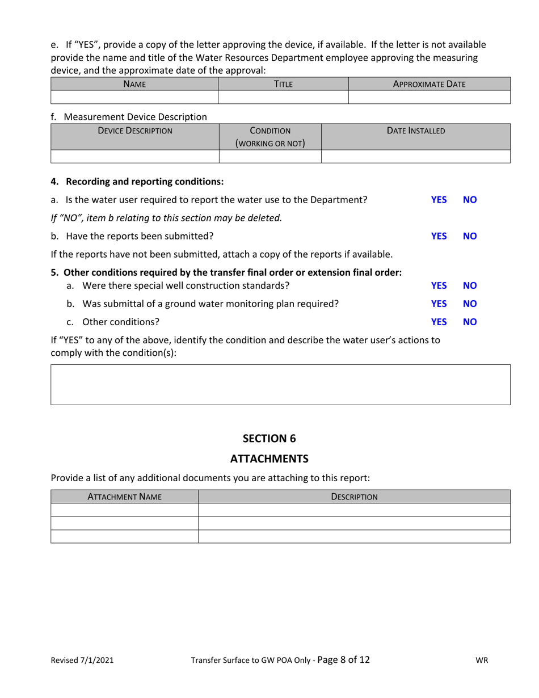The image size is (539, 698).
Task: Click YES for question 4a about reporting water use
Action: click(439, 200)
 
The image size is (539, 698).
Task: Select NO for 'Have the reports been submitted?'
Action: click(470, 236)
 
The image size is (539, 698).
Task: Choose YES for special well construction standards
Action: click(439, 285)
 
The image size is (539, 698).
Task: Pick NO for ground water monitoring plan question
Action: click(470, 304)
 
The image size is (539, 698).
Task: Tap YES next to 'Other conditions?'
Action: click(439, 322)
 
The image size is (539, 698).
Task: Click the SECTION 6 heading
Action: click(269, 438)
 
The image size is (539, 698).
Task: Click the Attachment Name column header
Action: click(124, 497)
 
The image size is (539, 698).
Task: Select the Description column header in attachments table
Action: click(354, 497)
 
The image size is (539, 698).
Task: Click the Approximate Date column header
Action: click(429, 84)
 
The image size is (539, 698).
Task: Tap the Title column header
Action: click(283, 84)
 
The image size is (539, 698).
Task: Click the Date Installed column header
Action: click(416, 131)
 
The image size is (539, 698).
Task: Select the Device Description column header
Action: click(135, 131)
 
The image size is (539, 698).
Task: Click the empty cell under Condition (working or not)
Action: click(270, 157)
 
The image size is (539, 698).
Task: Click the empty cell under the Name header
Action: click(135, 97)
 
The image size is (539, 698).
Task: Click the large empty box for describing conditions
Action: click(281, 384)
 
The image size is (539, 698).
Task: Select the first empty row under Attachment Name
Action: click(124, 510)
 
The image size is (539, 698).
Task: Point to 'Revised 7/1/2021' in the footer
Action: click(82, 660)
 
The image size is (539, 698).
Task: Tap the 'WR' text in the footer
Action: click(482, 660)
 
